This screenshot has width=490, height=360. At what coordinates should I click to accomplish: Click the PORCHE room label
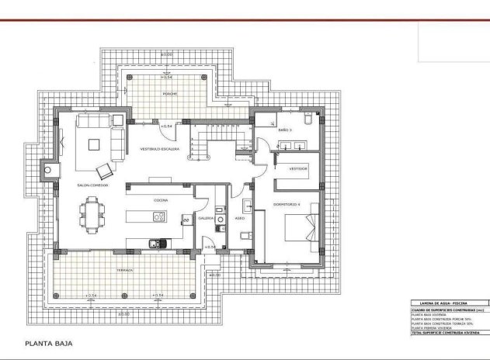[169, 94]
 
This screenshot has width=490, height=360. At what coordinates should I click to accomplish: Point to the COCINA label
[161, 200]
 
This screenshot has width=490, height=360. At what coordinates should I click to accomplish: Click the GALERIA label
[206, 219]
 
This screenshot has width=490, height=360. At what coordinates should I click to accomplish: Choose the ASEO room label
[239, 219]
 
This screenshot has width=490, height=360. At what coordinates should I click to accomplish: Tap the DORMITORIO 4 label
[287, 204]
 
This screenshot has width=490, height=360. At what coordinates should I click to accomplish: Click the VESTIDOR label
[298, 168]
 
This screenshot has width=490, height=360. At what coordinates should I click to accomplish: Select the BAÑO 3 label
[285, 130]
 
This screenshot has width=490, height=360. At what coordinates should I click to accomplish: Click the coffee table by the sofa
[94, 143]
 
